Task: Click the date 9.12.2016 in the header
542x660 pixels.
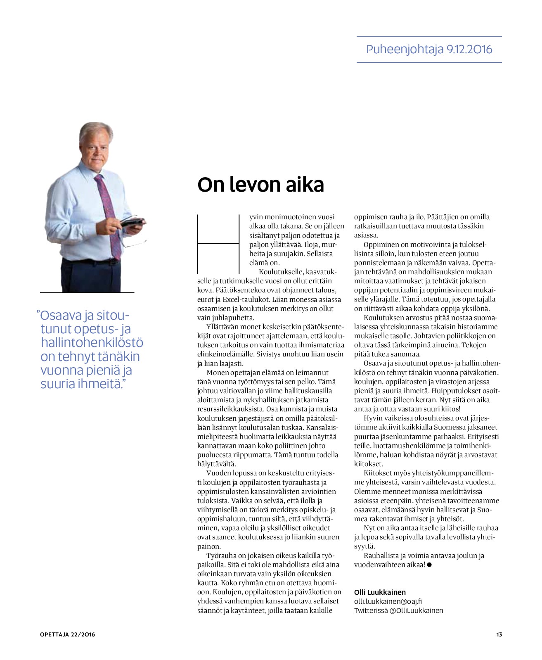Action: [469, 50]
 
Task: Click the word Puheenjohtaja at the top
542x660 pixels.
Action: [405, 50]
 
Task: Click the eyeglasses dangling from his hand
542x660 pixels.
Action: [136, 242]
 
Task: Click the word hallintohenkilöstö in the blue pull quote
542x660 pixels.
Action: [92, 343]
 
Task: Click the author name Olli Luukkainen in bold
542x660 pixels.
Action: [380, 592]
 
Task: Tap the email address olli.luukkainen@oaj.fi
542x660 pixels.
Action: [388, 601]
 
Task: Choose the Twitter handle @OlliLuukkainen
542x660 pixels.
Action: [416, 610]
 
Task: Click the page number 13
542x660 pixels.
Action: [499, 634]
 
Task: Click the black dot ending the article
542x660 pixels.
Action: [429, 565]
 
